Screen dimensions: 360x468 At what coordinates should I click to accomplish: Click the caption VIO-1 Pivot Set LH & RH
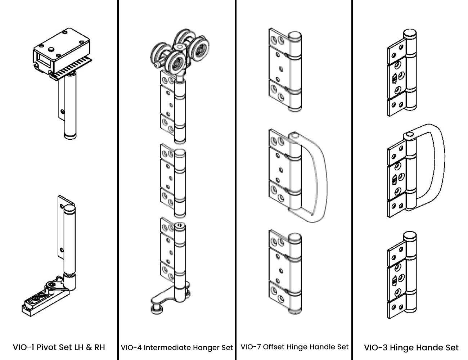click(59, 347)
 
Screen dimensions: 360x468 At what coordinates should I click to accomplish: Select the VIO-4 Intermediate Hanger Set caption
click(177, 348)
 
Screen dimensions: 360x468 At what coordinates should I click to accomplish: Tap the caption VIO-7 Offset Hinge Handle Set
click(294, 347)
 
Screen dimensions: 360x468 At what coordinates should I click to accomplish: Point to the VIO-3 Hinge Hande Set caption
click(411, 348)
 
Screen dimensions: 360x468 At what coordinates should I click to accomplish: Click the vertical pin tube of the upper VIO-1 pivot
click(69, 108)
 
